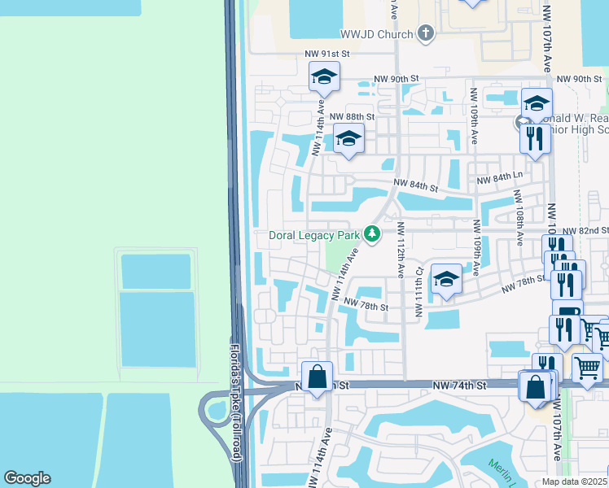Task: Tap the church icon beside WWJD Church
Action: pos(425,33)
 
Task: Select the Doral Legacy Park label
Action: pos(314,235)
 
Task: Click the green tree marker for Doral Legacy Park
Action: pos(372,234)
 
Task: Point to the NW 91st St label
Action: pos(326,54)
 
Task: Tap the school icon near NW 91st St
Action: pos(324,77)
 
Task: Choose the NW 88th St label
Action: pos(353,117)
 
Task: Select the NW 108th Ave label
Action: pos(519,218)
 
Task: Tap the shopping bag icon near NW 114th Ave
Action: pos(317,377)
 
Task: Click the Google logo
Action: pos(27,478)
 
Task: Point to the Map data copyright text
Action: pos(574,481)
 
